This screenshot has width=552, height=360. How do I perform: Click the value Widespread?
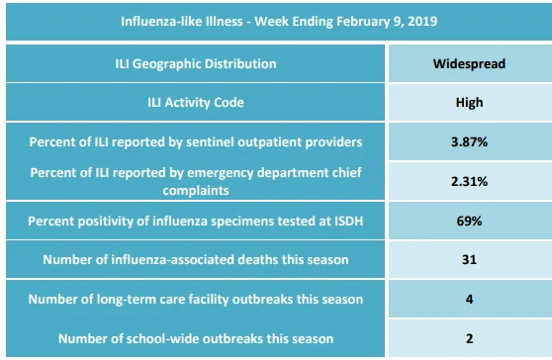pyautogui.click(x=469, y=63)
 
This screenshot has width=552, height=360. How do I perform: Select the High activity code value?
pyautogui.click(x=469, y=103)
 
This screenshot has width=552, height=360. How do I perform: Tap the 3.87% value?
pyautogui.click(x=469, y=141)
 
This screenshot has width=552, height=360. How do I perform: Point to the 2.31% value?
pyautogui.click(x=469, y=181)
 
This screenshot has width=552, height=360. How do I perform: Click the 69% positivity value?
pyautogui.click(x=469, y=221)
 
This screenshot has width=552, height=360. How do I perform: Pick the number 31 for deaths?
pyautogui.click(x=469, y=260)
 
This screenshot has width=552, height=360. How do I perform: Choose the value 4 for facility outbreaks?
pyautogui.click(x=469, y=299)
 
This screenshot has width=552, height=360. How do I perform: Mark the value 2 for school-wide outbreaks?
pyautogui.click(x=469, y=338)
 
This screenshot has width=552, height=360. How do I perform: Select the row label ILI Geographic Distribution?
pyautogui.click(x=196, y=63)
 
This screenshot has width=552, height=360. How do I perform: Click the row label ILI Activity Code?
pyautogui.click(x=196, y=103)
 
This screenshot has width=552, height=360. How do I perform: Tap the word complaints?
pyautogui.click(x=196, y=191)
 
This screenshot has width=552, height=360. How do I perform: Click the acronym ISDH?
pyautogui.click(x=349, y=221)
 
